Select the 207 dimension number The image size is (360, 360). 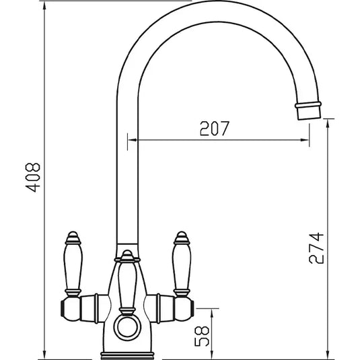coord(215,127)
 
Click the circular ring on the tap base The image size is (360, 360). coord(127,328)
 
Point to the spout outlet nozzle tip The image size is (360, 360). coord(309,110)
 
